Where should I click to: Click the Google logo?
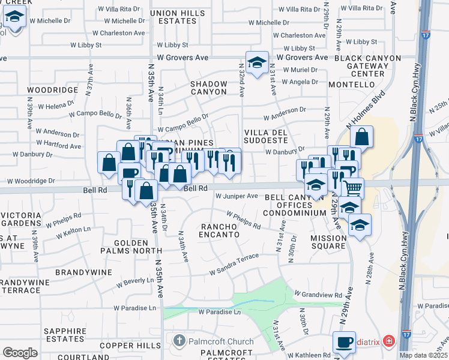20,352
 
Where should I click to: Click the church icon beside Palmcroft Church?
178,341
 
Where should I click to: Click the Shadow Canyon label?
209,88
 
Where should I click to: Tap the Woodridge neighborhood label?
52,90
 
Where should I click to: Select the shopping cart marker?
352,188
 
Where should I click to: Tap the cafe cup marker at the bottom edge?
344,343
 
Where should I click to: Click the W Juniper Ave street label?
237,196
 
